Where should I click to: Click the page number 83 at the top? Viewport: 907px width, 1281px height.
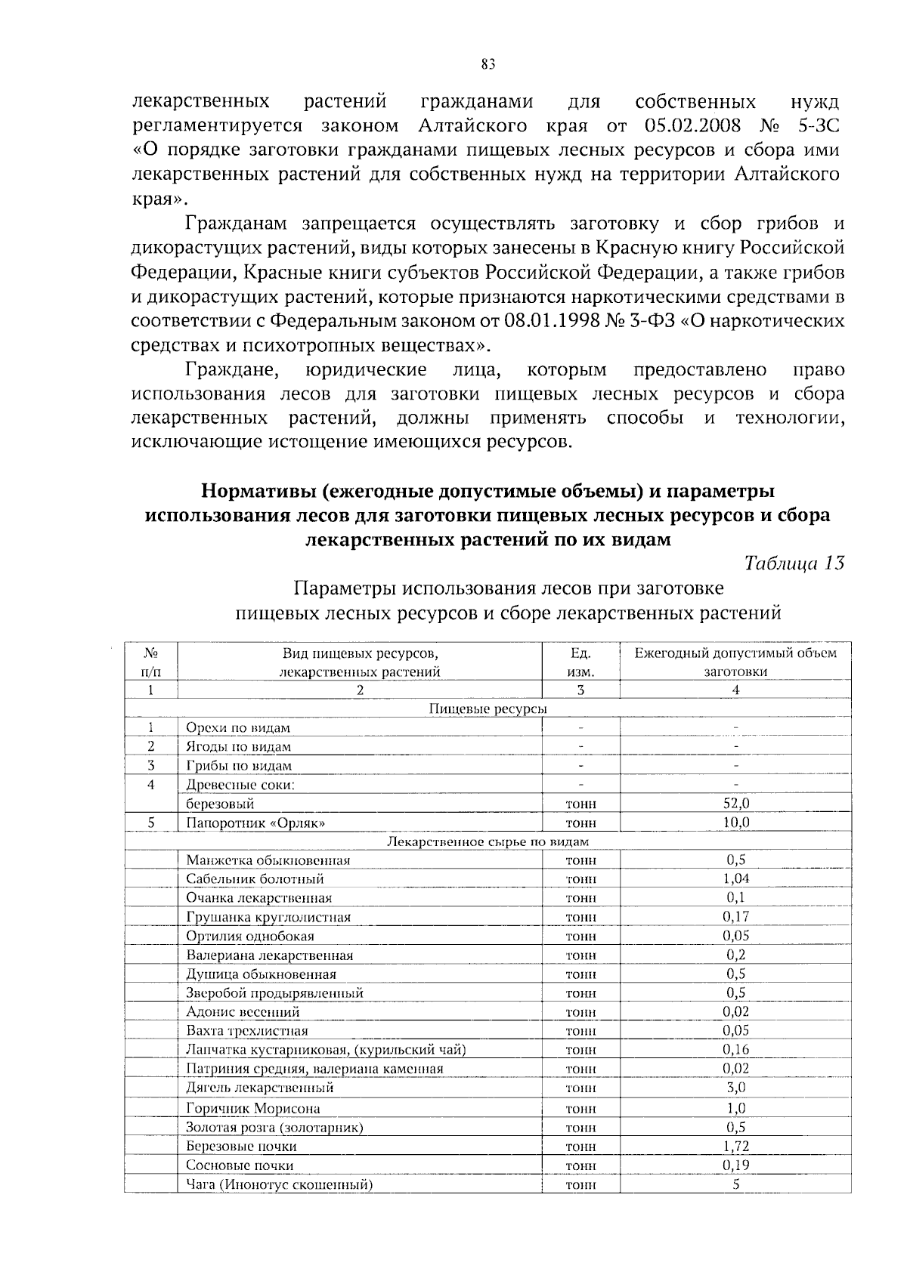488,64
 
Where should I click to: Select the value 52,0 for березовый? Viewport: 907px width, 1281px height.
735,803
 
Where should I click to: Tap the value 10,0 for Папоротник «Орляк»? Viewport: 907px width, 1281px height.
735,822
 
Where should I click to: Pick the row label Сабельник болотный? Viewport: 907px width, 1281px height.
255,878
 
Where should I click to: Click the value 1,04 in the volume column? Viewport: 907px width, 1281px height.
735,878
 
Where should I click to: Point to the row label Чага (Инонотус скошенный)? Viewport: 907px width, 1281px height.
280,1184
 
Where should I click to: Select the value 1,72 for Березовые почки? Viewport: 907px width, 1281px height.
735,1146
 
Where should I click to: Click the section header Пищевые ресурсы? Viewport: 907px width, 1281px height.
488,708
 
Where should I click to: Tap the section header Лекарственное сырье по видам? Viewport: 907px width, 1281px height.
488,841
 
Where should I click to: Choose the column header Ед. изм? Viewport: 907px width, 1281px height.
580,662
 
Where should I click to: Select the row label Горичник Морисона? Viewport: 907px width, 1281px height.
253,1109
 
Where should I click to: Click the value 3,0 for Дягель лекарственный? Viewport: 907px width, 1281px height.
735,1088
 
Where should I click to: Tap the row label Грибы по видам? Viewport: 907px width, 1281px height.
239,765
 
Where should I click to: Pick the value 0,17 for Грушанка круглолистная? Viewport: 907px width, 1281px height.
735,916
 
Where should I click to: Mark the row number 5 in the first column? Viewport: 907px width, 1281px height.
151,822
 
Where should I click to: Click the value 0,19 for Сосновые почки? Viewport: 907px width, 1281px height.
735,1165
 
